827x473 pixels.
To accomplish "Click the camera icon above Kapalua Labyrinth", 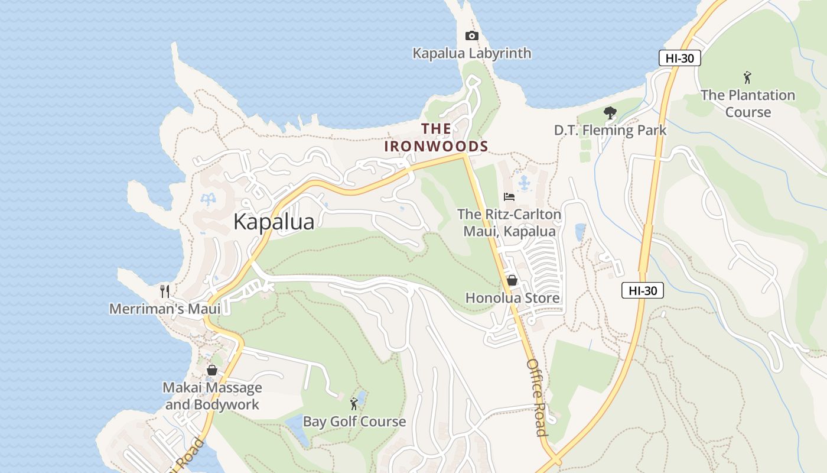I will (471, 36).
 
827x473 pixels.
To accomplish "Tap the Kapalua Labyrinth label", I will (471, 53).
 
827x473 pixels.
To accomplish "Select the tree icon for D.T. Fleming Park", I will (610, 112).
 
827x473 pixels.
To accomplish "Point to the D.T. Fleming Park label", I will (610, 130).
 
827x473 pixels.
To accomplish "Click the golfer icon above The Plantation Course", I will (747, 77).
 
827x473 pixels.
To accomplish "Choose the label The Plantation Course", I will (748, 103).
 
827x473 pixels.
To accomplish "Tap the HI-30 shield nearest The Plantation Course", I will (679, 58).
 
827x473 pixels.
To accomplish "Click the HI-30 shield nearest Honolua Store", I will (643, 290).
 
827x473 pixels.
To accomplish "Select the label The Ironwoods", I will (437, 138).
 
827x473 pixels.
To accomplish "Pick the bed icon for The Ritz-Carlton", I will (509, 196).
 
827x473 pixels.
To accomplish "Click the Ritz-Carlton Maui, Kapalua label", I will (509, 222).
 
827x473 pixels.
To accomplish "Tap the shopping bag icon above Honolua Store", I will (512, 280).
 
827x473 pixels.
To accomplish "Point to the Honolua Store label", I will (512, 297).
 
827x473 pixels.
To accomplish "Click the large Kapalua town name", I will (274, 222).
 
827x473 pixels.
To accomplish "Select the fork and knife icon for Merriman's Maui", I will (165, 291).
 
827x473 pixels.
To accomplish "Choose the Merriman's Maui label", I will (165, 309).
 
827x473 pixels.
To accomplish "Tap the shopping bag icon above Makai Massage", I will (212, 370).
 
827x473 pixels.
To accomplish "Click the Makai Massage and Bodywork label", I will (212, 396).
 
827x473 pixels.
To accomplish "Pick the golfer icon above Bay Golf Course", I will (354, 404).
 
